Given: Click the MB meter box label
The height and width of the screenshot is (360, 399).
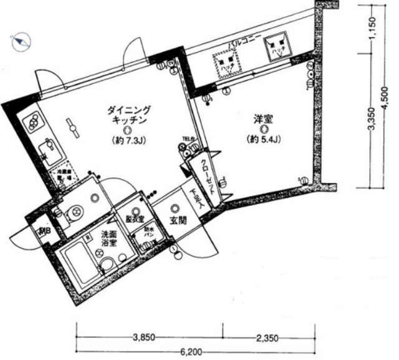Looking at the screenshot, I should pos(44,233).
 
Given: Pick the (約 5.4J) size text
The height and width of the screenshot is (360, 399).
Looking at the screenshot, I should pos(264,139).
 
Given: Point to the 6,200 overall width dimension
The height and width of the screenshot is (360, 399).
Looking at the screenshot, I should pos(195,353).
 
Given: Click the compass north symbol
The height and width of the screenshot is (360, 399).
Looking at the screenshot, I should pos(21,42).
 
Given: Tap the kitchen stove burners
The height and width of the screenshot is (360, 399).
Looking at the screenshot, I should pos(33,122).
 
